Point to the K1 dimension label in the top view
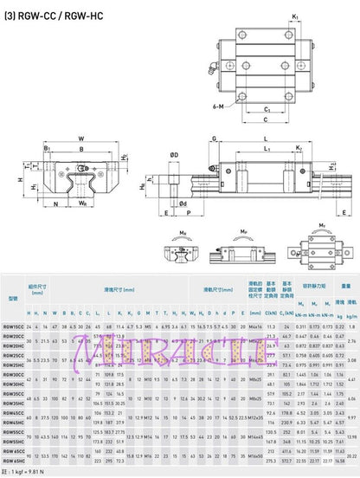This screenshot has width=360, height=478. click(x=295, y=16)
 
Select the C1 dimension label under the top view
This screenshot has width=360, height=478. click(x=292, y=111)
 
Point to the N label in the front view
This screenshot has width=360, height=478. click(x=57, y=204)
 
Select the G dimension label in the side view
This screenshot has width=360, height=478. click(x=213, y=137)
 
